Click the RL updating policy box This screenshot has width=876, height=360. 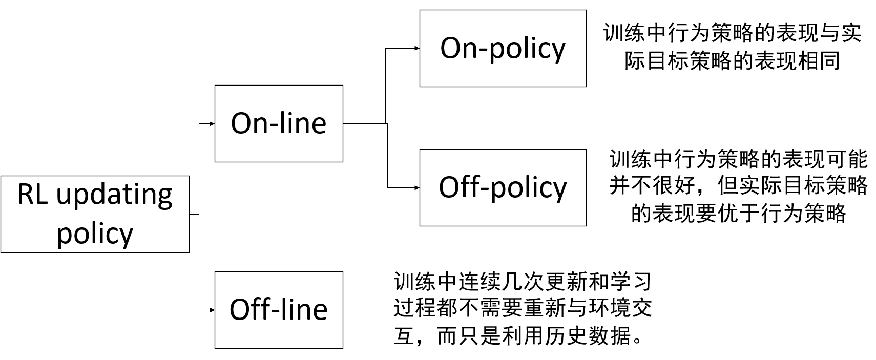pyautogui.click(x=95, y=214)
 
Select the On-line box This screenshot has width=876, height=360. pyautogui.click(x=279, y=123)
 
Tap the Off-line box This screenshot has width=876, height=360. pyautogui.click(x=279, y=310)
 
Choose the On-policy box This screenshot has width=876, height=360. pyautogui.click(x=503, y=48)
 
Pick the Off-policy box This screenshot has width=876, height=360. pyautogui.click(x=503, y=187)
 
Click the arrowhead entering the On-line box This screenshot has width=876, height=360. pyautogui.click(x=212, y=123)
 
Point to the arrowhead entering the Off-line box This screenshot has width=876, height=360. pyautogui.click(x=212, y=310)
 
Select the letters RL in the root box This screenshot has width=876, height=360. pyautogui.click(x=33, y=195)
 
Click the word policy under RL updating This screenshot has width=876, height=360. pyautogui.click(x=95, y=234)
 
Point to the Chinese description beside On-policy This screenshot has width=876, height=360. pyautogui.click(x=733, y=47)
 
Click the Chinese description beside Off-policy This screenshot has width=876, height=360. pyautogui.click(x=738, y=186)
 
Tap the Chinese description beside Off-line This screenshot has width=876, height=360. pyautogui.click(x=523, y=309)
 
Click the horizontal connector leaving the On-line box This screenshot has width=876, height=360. pyautogui.click(x=364, y=123)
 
